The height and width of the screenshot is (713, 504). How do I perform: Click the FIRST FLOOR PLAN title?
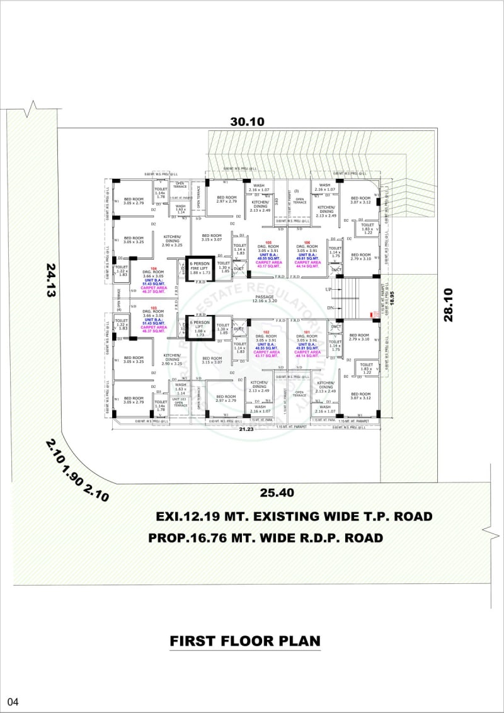[x=245, y=641]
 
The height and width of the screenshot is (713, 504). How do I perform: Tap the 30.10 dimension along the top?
[x=247, y=122]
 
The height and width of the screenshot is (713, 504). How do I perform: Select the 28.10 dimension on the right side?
[x=449, y=305]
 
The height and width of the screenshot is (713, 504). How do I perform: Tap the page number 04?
[x=14, y=701]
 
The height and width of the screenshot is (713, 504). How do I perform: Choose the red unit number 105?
[x=268, y=242]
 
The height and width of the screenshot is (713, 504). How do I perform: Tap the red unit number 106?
[x=307, y=242]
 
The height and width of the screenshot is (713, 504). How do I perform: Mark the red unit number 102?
[x=266, y=332]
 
